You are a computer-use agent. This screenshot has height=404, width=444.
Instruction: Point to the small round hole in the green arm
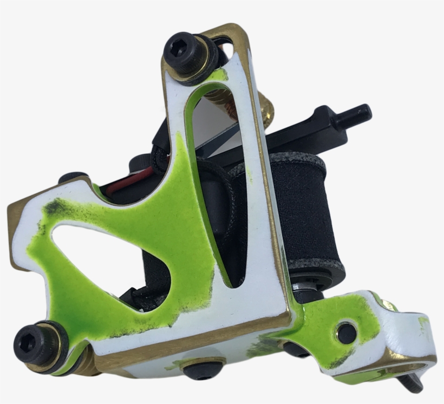347,332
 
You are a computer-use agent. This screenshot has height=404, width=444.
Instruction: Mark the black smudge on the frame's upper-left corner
54,208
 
